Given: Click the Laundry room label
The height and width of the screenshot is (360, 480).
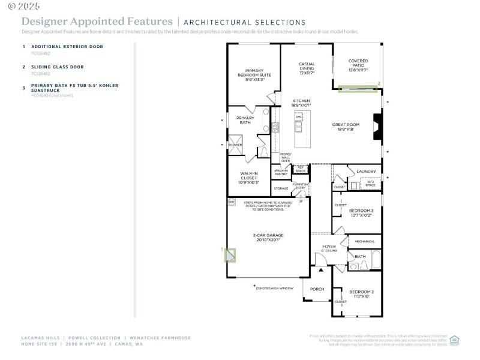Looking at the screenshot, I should click(366, 172).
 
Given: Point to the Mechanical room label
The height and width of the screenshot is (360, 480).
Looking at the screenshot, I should click(365, 242).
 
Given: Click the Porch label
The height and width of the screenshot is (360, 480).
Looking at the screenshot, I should click(317, 289).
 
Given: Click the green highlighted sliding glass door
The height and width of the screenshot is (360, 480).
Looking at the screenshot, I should click(358, 89).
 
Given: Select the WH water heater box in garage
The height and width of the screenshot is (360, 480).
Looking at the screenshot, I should click(231, 202).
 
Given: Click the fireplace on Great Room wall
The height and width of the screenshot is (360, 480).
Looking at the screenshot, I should click(377, 127).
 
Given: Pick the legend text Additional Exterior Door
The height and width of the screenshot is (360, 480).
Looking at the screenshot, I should click(67, 46).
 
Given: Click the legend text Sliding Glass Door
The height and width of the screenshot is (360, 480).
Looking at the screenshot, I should click(58, 67).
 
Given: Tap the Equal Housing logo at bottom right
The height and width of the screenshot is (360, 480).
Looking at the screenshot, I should click(454, 339).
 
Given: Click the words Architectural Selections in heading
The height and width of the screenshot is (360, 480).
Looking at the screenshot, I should click(244, 22).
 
